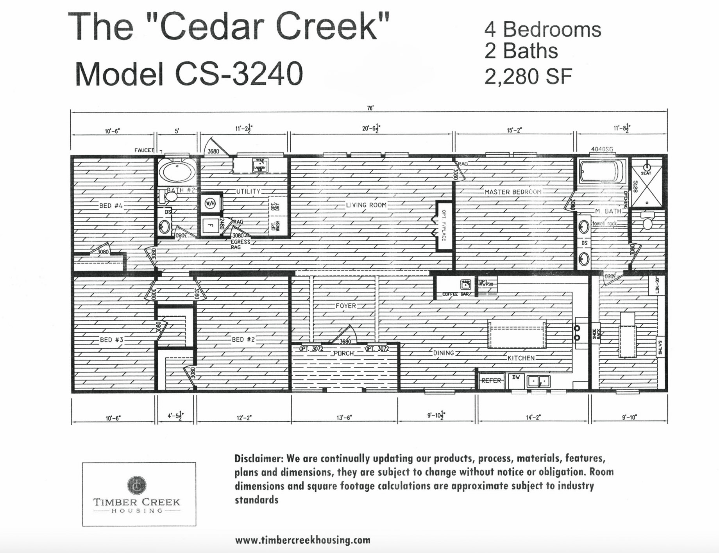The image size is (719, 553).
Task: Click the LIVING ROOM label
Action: pyautogui.click(x=366, y=205)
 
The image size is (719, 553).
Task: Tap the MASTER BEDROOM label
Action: pyautogui.click(x=513, y=192)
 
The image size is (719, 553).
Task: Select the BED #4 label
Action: pyautogui.click(x=111, y=206)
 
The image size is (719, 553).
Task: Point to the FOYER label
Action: pyautogui.click(x=346, y=306)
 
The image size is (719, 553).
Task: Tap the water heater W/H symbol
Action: pyautogui.click(x=210, y=203)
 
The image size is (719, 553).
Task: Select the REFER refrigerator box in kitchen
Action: pyautogui.click(x=491, y=380)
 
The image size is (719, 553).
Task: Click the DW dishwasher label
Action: pyautogui.click(x=516, y=377)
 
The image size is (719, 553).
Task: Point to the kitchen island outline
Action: pyautogui.click(x=517, y=334)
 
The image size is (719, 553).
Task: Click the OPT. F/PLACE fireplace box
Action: pyautogui.click(x=444, y=226)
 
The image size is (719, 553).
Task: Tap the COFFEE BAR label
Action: pyautogui.click(x=456, y=294)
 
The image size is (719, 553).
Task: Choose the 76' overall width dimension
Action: pyautogui.click(x=370, y=108)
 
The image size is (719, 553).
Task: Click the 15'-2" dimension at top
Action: pyautogui.click(x=514, y=130)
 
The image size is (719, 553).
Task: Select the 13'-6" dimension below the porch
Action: pyautogui.click(x=344, y=417)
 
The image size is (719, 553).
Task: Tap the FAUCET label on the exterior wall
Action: pyautogui.click(x=144, y=150)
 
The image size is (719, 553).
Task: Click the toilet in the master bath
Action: pyautogui.click(x=647, y=221)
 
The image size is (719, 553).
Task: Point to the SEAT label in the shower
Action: pyautogui.click(x=646, y=173)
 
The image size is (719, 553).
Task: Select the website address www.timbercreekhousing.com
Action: pyautogui.click(x=302, y=541)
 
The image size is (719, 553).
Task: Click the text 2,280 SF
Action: pyautogui.click(x=528, y=77)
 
